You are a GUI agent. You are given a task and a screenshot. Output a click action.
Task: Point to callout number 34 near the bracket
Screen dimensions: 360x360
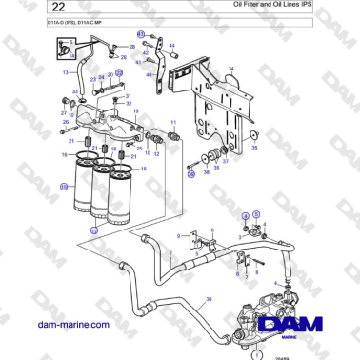[x=230, y=69]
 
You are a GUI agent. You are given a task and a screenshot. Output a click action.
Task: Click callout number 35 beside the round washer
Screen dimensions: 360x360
[x=254, y=135]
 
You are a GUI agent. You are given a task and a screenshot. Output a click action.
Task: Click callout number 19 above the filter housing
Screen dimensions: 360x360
[x=135, y=112]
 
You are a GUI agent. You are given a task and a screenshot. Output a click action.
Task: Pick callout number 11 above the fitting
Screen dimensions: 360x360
[x=173, y=123]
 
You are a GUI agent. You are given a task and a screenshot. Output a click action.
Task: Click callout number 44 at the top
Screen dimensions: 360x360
[x=171, y=45]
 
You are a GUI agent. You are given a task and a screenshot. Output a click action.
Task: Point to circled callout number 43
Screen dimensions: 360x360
[x=141, y=34]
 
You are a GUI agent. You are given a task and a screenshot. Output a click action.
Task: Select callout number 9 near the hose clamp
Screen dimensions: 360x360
[x=178, y=235]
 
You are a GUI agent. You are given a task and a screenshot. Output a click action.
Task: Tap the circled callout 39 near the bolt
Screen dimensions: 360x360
[x=190, y=174]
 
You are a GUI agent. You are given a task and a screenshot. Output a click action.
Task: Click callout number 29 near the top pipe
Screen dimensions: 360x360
[x=122, y=57]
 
